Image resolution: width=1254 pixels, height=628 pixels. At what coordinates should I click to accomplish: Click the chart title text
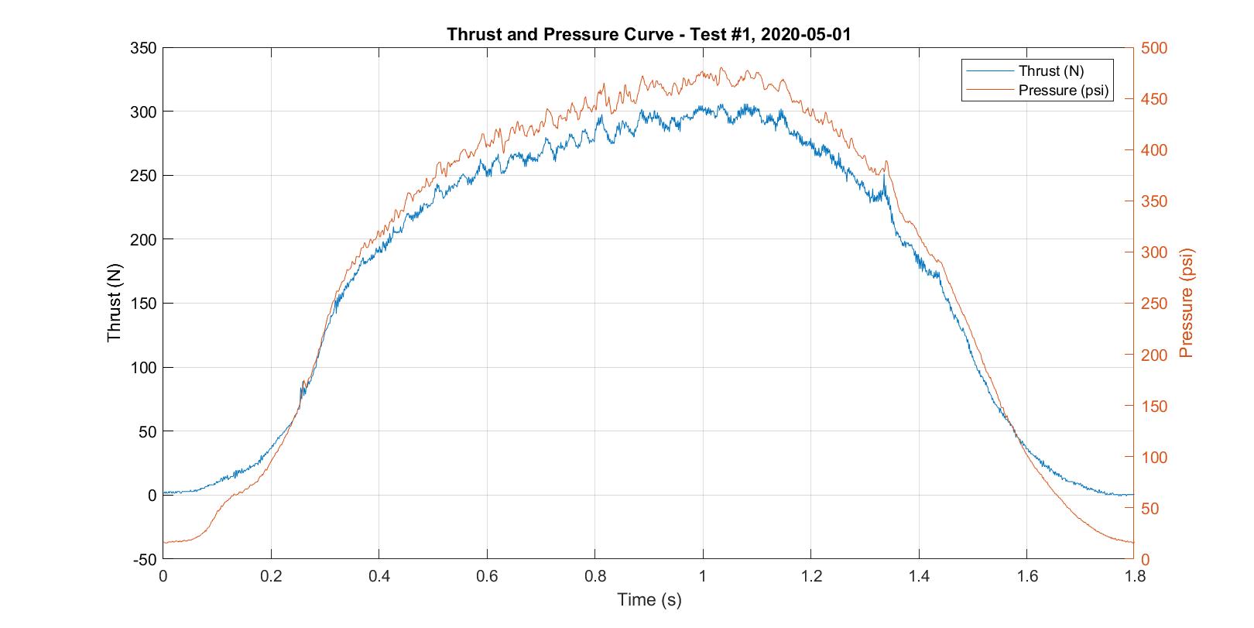click(x=649, y=35)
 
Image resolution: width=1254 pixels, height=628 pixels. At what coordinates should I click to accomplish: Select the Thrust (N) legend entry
click(x=1050, y=71)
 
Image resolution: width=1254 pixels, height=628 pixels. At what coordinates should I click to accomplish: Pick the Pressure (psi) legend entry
click(x=1063, y=91)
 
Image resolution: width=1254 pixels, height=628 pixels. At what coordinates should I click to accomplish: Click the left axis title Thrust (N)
click(x=115, y=304)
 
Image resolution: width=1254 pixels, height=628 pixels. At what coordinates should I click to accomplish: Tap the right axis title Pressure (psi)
click(x=1186, y=303)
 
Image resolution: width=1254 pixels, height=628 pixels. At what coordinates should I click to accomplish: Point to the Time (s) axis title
click(x=649, y=599)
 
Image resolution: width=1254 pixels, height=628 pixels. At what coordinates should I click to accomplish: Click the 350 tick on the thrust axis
click(x=143, y=48)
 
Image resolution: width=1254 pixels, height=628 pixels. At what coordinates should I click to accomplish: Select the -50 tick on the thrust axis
click(x=143, y=559)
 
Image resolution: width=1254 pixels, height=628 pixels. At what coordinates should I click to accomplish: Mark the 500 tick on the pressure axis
click(x=1154, y=48)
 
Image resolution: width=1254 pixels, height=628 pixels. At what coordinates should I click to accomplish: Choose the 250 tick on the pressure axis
click(x=1154, y=304)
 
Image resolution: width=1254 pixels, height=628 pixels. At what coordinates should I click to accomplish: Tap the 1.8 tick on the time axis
click(x=1134, y=576)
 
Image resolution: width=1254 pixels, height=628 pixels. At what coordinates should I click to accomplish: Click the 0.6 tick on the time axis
click(x=487, y=576)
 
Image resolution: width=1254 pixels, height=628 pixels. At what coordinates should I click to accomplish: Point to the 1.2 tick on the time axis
click(x=810, y=576)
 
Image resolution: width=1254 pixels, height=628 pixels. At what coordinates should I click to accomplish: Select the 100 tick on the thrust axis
click(x=143, y=368)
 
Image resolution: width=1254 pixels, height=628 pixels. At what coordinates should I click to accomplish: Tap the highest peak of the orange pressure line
click(x=721, y=67)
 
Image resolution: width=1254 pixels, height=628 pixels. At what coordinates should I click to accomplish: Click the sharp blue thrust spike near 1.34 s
click(x=884, y=175)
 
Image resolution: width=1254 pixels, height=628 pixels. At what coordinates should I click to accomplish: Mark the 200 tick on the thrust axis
click(x=143, y=240)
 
